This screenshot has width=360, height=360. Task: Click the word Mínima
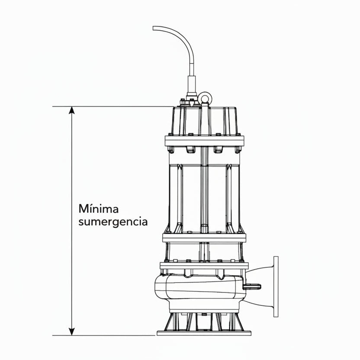98,209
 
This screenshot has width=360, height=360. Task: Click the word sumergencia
113,222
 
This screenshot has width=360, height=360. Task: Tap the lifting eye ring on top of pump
204,98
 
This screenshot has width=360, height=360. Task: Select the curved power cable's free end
154,29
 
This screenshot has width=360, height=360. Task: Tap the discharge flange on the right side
276,286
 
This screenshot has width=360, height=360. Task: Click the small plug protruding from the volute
252,286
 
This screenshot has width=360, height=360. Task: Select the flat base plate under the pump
204,333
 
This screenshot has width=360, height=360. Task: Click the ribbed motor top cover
204,121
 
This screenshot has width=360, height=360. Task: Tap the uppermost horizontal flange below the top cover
204,141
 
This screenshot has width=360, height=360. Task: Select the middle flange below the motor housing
204,238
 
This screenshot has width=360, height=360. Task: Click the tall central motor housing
204,195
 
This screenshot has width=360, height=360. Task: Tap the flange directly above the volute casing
204,266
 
